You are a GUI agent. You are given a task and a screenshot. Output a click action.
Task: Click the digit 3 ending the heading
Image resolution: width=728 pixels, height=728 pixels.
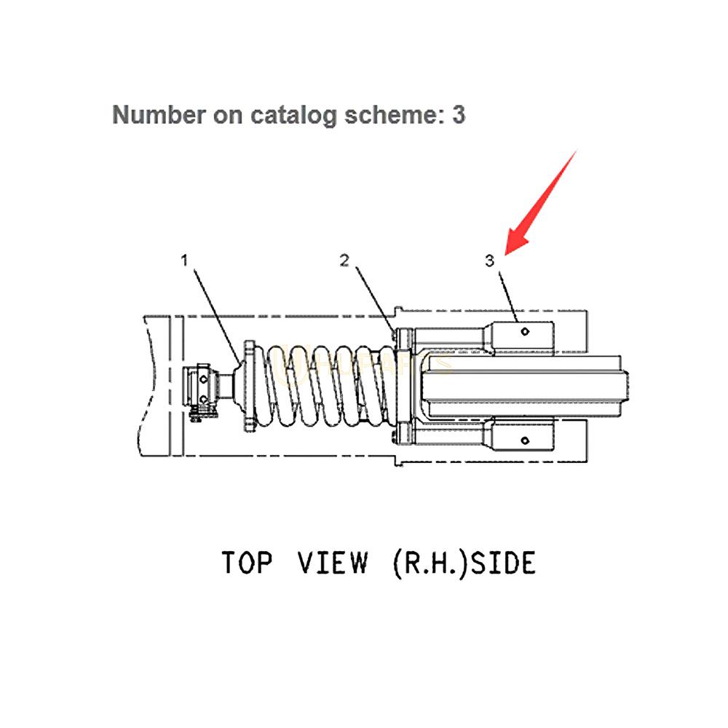(458, 114)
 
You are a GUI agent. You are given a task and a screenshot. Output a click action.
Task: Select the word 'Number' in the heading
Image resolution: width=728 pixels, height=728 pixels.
(154, 114)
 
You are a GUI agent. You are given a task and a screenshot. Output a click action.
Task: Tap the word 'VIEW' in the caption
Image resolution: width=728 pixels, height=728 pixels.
(333, 563)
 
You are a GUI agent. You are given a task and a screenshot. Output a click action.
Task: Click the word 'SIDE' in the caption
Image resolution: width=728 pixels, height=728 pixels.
(503, 563)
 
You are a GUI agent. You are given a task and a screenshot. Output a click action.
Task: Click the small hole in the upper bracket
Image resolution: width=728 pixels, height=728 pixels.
(526, 331)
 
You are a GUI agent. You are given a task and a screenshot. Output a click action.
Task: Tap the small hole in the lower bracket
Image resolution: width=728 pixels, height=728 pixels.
(526, 440)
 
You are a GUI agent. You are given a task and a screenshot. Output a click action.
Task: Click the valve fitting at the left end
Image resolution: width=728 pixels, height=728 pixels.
(202, 394)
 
